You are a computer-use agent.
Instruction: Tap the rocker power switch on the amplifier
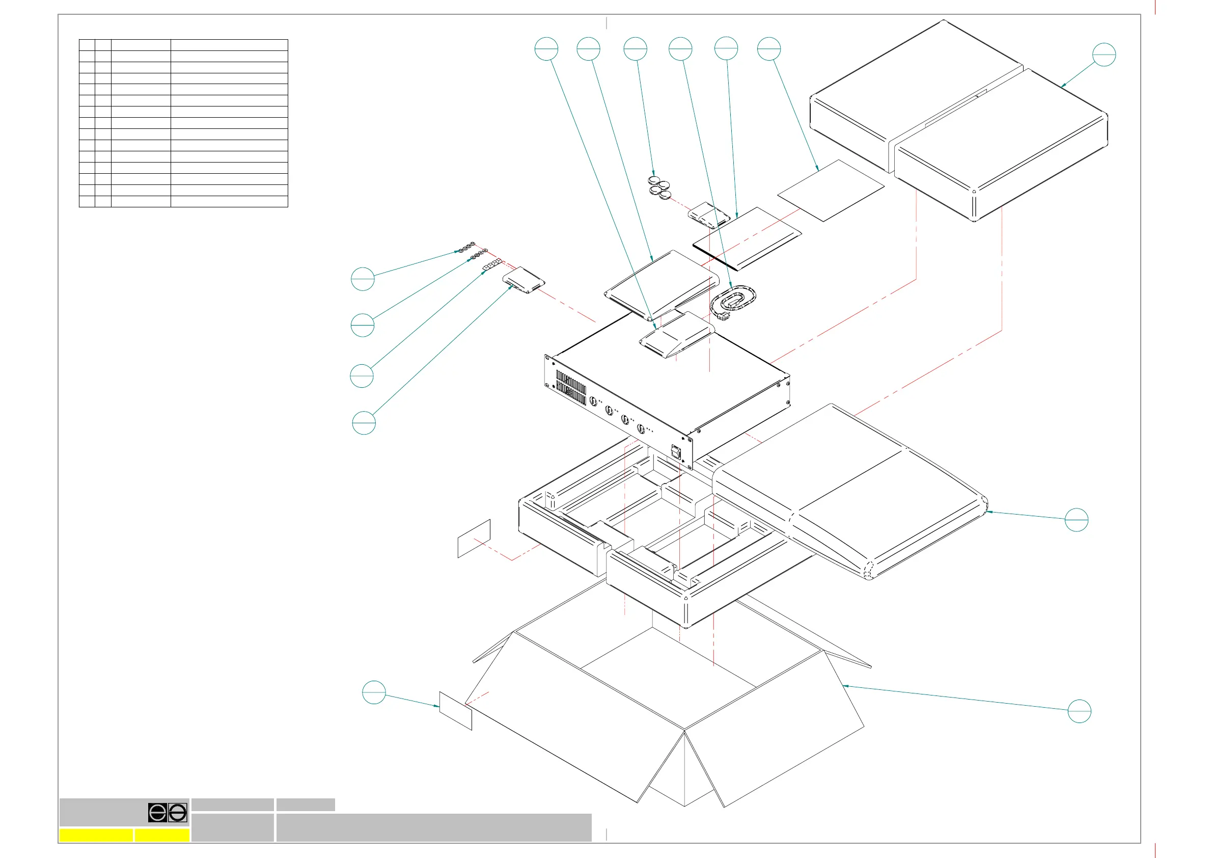click(676, 452)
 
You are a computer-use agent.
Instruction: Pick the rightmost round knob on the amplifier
click(641, 428)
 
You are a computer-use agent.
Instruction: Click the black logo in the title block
click(168, 813)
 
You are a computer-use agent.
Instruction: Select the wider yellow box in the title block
click(96, 835)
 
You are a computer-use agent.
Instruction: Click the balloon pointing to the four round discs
click(635, 48)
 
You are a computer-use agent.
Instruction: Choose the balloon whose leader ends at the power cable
click(680, 48)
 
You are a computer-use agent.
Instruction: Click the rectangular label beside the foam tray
click(474, 538)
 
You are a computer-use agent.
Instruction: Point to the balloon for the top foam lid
click(1104, 55)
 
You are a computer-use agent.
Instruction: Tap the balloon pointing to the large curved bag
click(1076, 520)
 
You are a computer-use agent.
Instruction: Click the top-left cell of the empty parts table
click(87, 45)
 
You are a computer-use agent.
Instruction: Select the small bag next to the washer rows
click(523, 280)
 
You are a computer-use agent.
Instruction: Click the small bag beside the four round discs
click(708, 214)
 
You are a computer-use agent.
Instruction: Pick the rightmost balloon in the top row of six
click(768, 48)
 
